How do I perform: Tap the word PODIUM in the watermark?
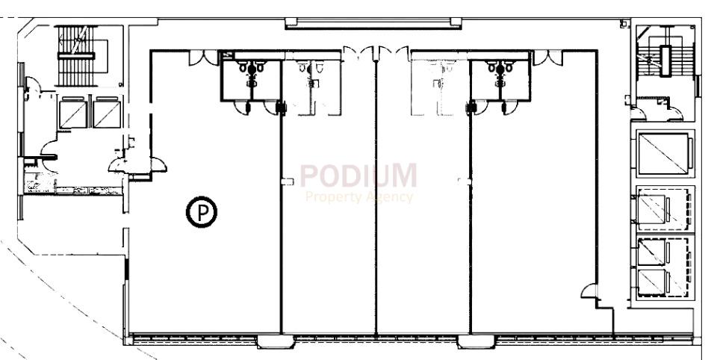358,176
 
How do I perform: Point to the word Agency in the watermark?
389,197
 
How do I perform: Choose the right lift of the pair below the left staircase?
107,112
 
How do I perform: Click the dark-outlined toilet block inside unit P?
251,80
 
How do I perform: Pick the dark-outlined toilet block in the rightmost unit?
500,80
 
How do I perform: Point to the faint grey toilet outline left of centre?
311,86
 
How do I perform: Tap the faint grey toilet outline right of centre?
441,86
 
